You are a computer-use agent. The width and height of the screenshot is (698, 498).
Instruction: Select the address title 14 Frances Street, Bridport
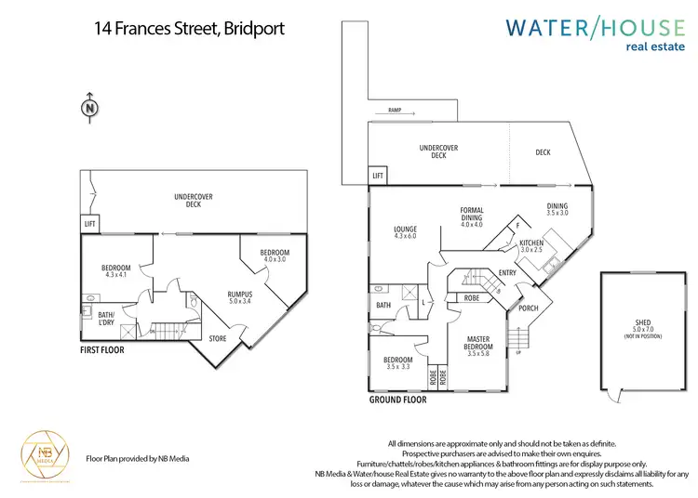pos(189,28)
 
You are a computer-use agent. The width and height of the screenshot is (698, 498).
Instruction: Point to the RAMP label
pos(388,111)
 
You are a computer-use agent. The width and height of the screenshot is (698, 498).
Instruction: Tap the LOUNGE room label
pos(405,233)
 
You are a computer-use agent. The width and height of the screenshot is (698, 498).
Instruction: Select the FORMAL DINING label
pos(472,217)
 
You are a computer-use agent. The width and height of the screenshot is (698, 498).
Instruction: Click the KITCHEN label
pos(531,246)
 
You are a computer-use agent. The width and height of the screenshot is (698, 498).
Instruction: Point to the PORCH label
pos(528,308)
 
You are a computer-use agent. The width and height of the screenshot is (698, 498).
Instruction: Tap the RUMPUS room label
pos(241,298)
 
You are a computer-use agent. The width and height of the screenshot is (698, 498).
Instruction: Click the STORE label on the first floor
pos(217,338)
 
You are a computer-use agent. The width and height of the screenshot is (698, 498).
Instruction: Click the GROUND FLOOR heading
pos(398,400)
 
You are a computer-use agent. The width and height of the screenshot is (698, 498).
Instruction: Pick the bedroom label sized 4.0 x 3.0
pos(275,256)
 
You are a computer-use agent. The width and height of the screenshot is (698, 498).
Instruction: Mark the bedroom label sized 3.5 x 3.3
pos(398,362)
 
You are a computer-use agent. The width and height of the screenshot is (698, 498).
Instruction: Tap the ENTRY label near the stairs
pos(506,272)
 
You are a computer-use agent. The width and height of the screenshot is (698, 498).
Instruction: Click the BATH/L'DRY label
pos(106,319)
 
